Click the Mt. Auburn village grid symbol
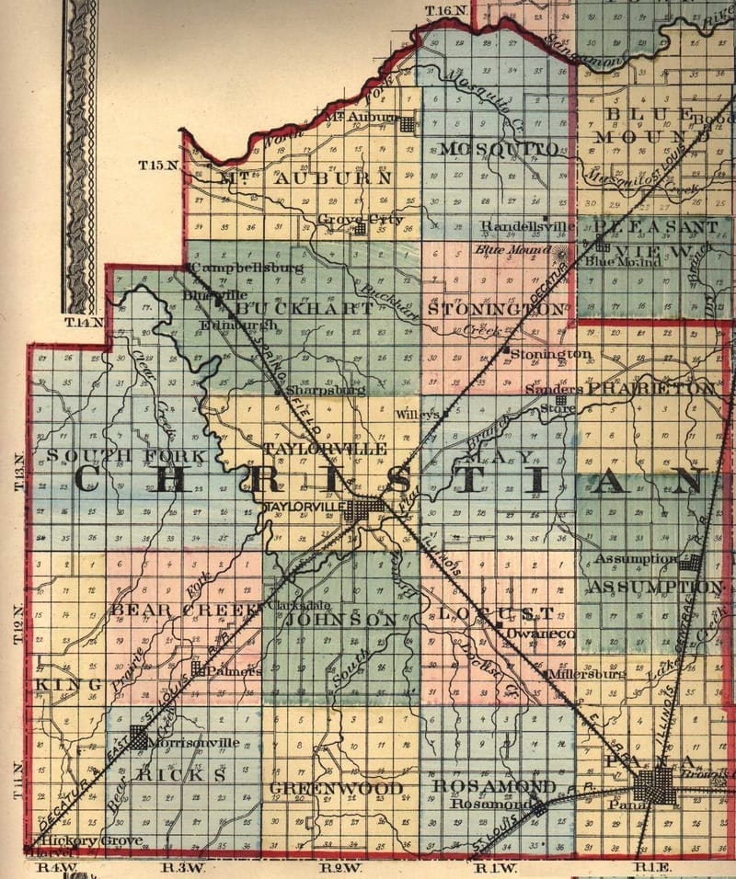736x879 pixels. [407, 120]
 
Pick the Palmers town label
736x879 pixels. [233, 671]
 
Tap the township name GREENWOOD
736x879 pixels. [336, 789]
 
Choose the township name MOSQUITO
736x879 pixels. [498, 149]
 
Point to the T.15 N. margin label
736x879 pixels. [157, 166]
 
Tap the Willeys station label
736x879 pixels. [417, 415]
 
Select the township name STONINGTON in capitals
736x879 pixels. [496, 309]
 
